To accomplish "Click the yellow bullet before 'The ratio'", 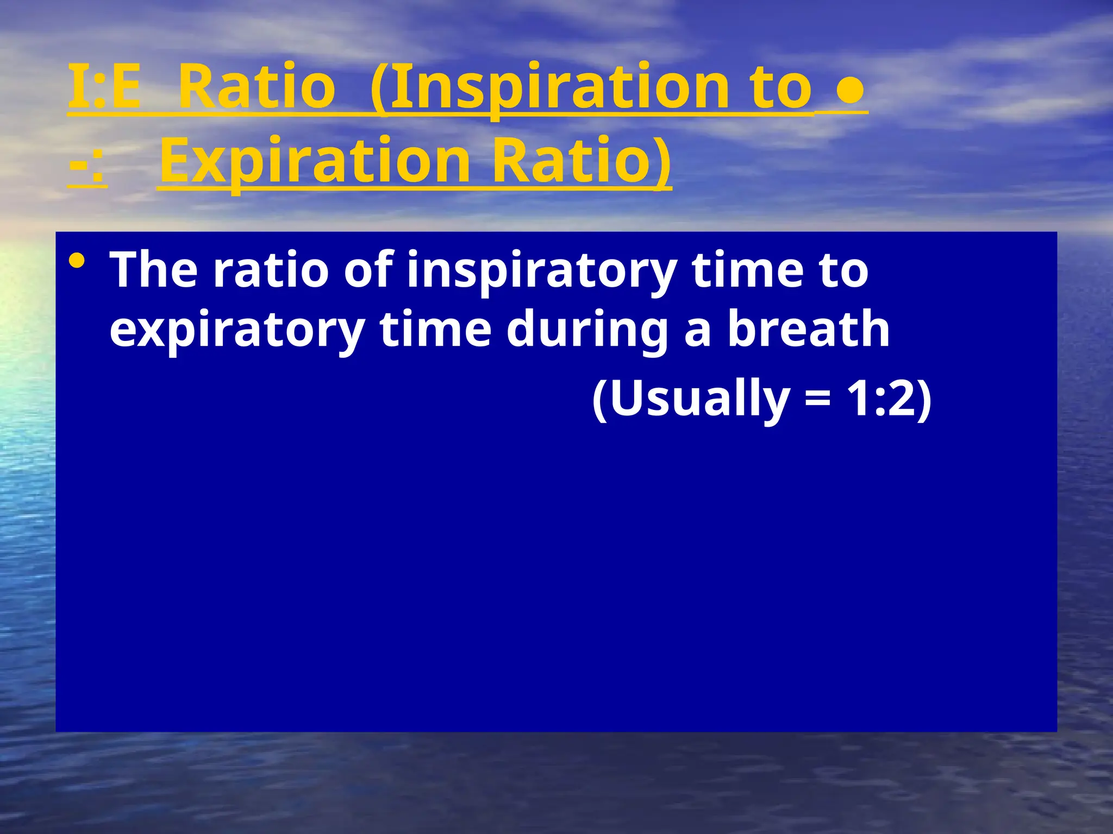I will (x=77, y=262).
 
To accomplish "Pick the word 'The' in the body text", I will (x=154, y=270).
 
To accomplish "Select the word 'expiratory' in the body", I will (x=236, y=330).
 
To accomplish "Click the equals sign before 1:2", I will (x=818, y=399).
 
